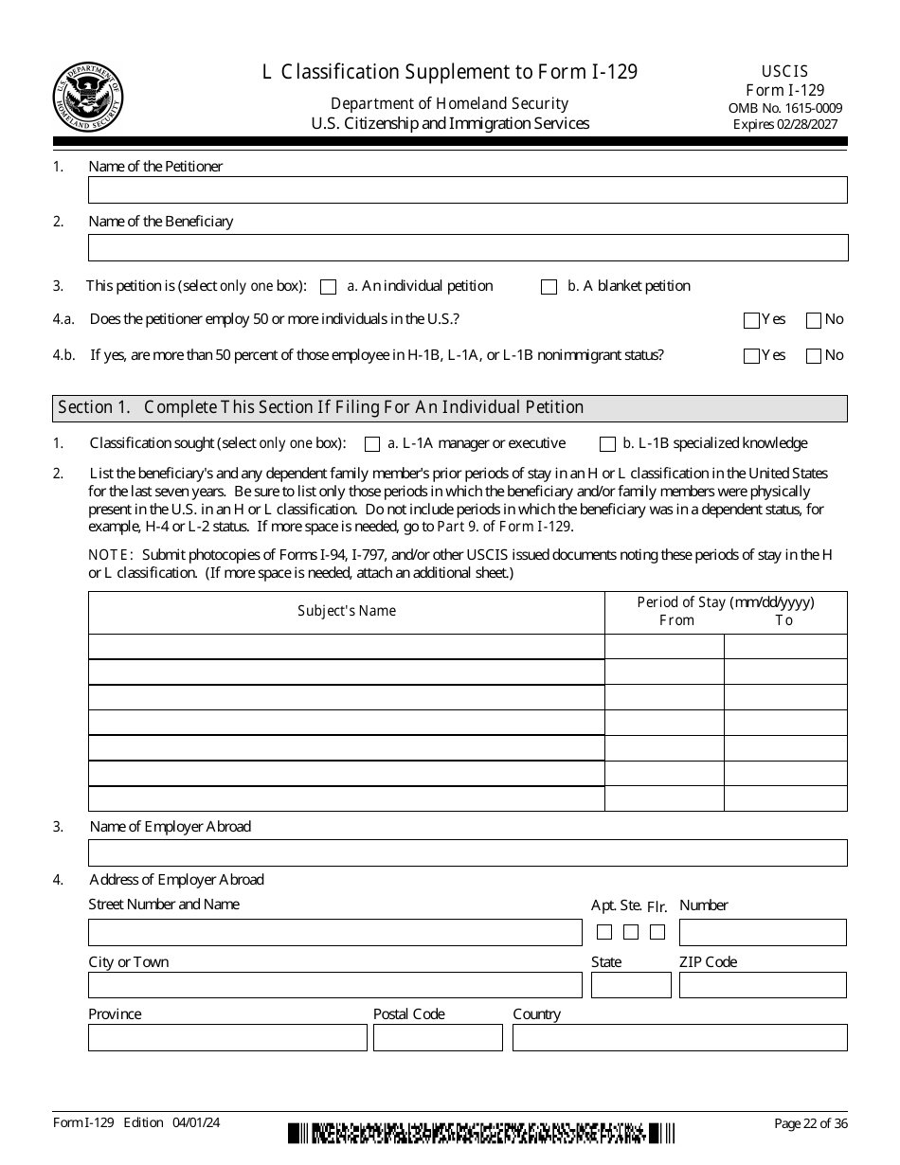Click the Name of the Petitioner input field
tap(467, 190)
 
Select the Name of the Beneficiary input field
tap(467, 248)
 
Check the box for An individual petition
tap(329, 287)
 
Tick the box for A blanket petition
tap(549, 287)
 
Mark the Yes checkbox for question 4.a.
tap(752, 320)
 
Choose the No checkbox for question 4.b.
tap(813, 356)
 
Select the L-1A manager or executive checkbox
tap(372, 444)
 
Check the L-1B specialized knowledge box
tap(607, 444)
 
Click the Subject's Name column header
tap(346, 612)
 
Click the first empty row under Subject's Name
tap(346, 647)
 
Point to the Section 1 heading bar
tap(449, 408)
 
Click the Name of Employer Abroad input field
tap(467, 852)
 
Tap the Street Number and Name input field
tap(334, 932)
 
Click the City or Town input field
tap(334, 985)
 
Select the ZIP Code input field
tap(762, 985)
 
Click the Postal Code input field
tap(438, 1038)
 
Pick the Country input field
tap(679, 1038)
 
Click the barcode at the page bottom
tap(481, 1133)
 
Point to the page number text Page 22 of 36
tap(810, 1124)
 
